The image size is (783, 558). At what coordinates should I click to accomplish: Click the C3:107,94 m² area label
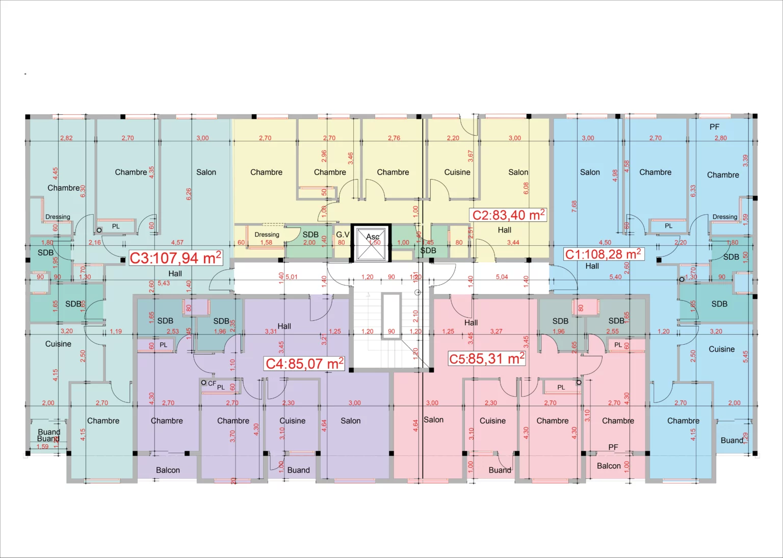pyautogui.click(x=175, y=258)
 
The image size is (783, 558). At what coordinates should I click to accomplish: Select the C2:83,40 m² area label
pyautogui.click(x=508, y=215)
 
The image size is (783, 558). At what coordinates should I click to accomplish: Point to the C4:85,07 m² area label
pyautogui.click(x=305, y=364)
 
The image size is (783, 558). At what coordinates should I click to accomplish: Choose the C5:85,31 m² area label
pyautogui.click(x=486, y=359)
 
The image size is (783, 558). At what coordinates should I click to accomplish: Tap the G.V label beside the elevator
pyautogui.click(x=343, y=235)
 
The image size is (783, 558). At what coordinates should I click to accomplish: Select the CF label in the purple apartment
pyautogui.click(x=212, y=383)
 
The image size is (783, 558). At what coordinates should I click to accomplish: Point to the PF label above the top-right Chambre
pyautogui.click(x=715, y=127)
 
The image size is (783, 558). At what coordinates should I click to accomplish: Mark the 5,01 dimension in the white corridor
pyautogui.click(x=292, y=277)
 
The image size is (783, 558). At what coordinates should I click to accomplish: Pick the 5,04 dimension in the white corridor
pyautogui.click(x=502, y=277)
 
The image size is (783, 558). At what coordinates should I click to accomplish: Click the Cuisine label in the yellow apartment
pyautogui.click(x=457, y=172)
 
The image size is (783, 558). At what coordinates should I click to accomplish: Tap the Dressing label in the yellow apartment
pyautogui.click(x=267, y=235)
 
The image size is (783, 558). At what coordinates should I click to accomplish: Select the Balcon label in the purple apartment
pyautogui.click(x=168, y=470)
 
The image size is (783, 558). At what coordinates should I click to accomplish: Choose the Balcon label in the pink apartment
pyautogui.click(x=609, y=466)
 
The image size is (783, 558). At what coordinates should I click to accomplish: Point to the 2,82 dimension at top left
pyautogui.click(x=66, y=138)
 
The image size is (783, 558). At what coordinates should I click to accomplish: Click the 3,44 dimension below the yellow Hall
pyautogui.click(x=513, y=242)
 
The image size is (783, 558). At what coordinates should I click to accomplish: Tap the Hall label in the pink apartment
pyautogui.click(x=471, y=322)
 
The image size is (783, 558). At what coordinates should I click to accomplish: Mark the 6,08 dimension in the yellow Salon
pyautogui.click(x=526, y=188)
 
